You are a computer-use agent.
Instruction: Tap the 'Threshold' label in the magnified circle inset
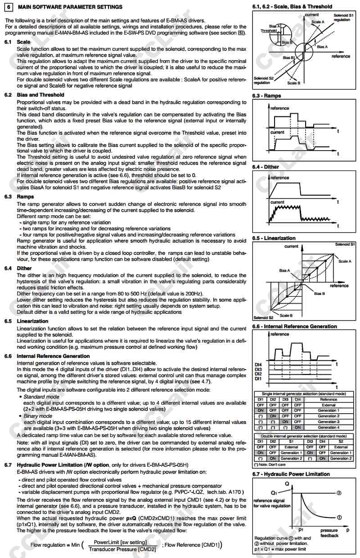[269, 31]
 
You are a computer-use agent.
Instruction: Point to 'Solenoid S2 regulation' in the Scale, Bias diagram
[263, 80]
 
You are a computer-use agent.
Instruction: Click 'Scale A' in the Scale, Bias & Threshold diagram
[318, 22]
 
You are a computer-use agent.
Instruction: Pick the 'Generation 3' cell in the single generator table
[328, 422]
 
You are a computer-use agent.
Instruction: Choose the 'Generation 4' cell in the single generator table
[328, 427]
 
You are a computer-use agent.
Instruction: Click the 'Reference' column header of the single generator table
[328, 399]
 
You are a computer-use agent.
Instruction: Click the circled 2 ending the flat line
[338, 493]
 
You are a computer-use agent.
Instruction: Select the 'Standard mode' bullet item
[41, 397]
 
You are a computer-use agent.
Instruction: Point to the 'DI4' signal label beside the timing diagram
[258, 364]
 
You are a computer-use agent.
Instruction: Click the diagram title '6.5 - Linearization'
[274, 238]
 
